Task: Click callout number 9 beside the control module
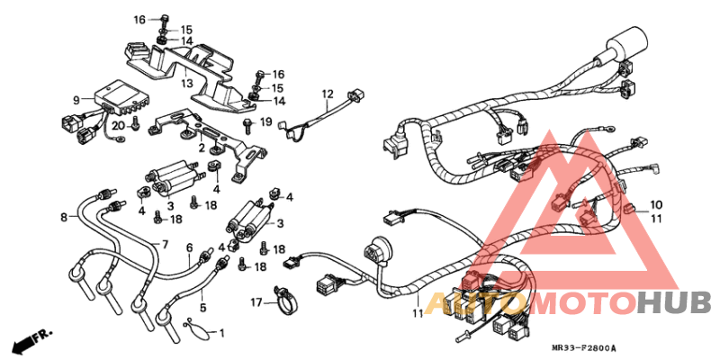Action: (76, 100)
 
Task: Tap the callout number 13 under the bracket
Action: (186, 83)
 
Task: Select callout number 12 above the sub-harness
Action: (328, 94)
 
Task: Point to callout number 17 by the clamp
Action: (256, 301)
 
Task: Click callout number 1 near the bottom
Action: (222, 332)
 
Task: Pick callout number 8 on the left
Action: (64, 217)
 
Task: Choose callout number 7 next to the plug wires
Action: (165, 245)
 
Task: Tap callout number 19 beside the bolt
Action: (265, 121)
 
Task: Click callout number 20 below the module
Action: (119, 125)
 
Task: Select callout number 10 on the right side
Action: (656, 204)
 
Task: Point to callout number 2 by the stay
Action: (202, 147)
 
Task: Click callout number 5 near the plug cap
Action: (202, 307)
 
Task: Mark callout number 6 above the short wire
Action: (189, 247)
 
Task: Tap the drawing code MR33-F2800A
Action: (589, 347)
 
